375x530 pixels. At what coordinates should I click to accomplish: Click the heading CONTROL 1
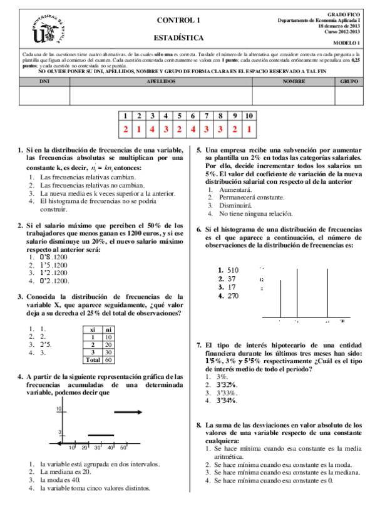178,20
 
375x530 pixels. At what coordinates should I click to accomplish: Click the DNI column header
44,82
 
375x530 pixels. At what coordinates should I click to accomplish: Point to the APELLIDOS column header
161,82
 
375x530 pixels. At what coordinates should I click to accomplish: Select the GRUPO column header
349,82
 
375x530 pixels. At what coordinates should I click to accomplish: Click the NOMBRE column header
294,82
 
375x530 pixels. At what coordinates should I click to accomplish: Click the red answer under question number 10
249,129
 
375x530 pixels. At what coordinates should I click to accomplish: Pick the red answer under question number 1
125,129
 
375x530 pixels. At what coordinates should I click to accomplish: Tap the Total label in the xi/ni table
92,359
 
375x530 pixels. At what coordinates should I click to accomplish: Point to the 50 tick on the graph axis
123,447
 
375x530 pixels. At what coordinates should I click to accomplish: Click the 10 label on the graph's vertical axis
59,409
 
